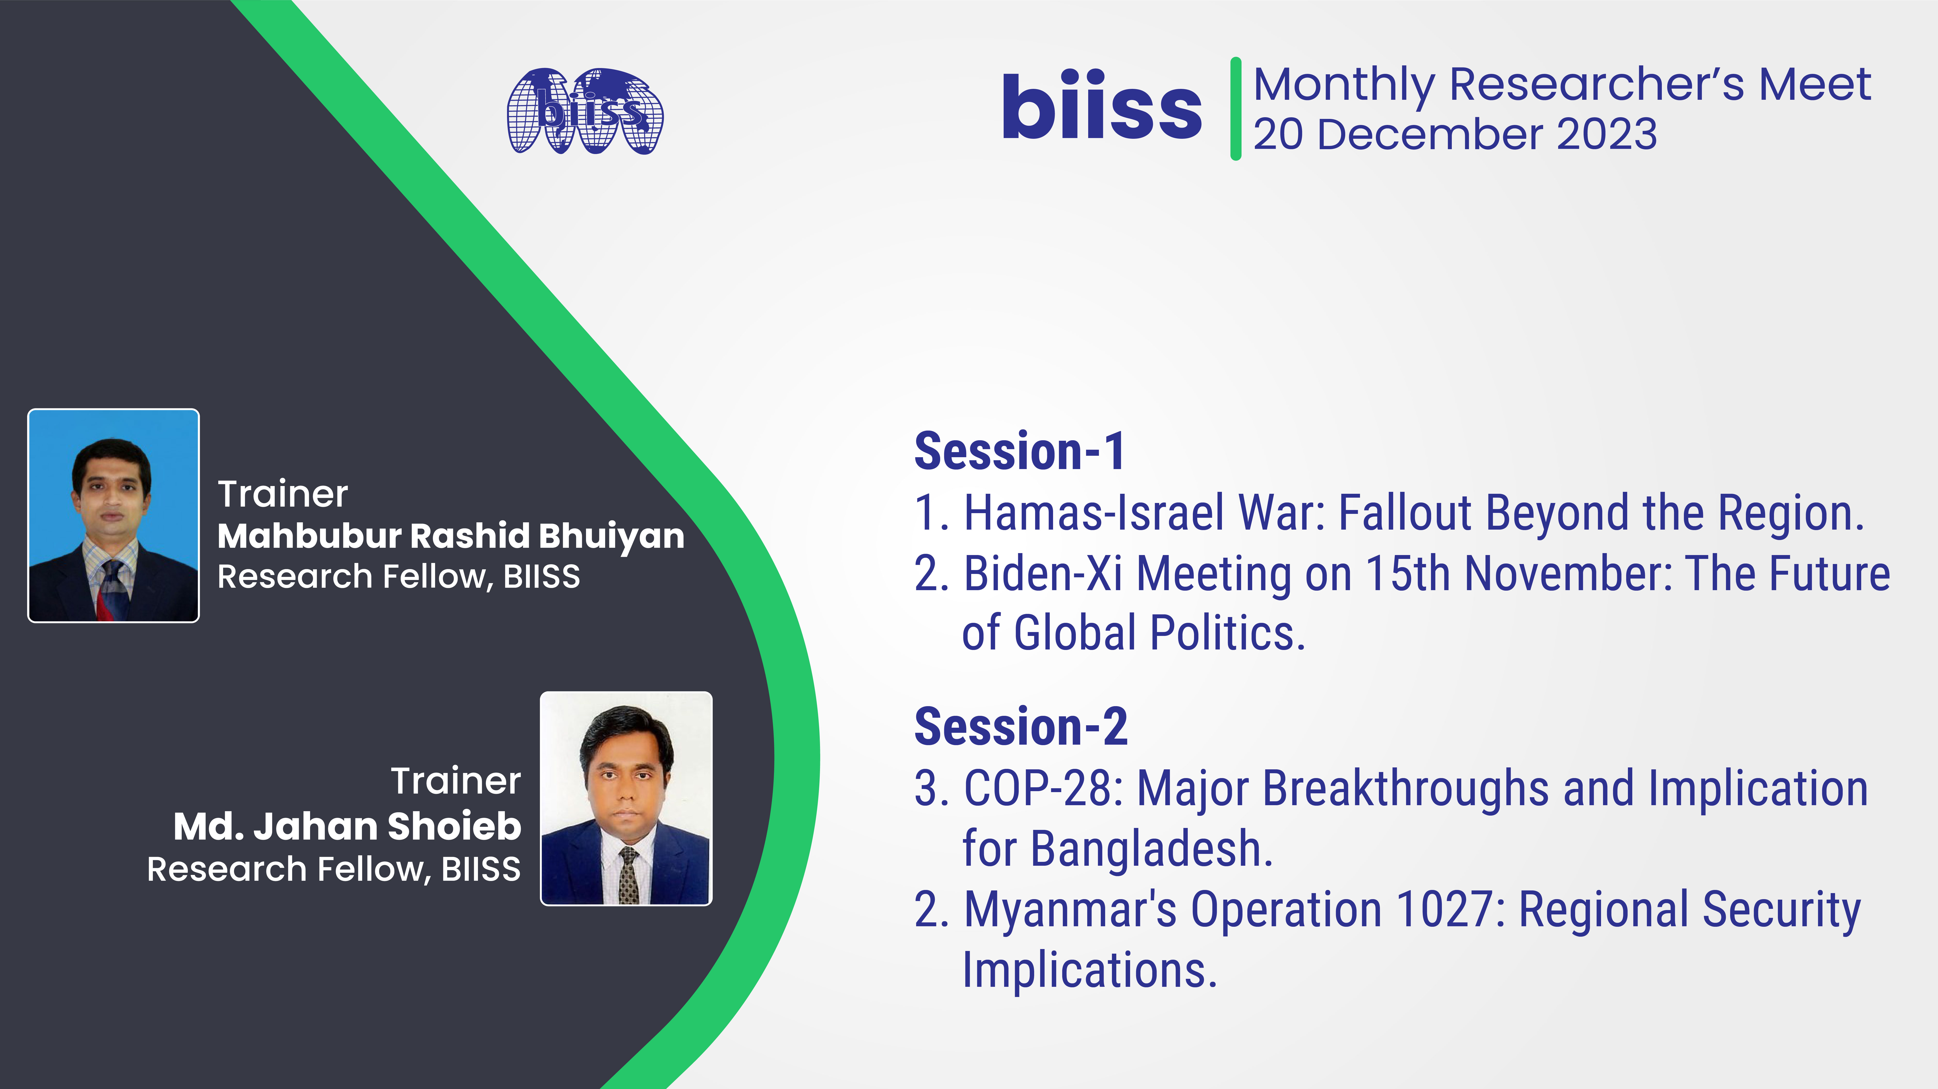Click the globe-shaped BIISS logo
click(x=585, y=111)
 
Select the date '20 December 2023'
click(x=1455, y=135)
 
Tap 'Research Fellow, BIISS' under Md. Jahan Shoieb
click(x=333, y=869)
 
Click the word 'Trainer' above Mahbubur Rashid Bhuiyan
click(x=283, y=494)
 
